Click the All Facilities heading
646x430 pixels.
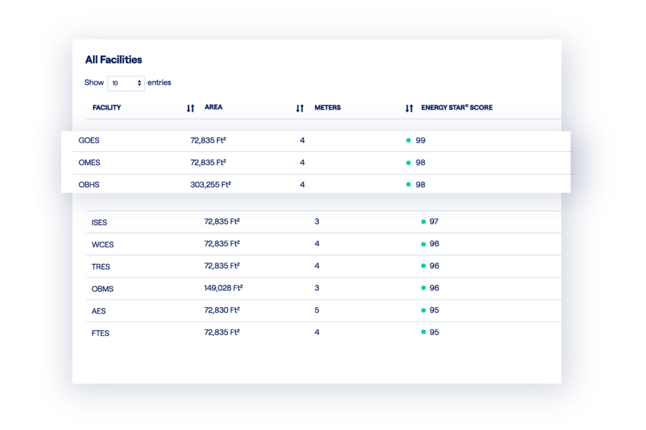113,60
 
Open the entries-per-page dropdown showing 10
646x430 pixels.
126,83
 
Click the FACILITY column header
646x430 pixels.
106,107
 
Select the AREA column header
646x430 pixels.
213,107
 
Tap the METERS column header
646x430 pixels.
327,107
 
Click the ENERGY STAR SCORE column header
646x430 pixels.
457,107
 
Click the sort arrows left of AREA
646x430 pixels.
190,108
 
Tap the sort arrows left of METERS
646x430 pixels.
300,108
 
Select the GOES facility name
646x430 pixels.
89,140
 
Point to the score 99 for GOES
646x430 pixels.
421,140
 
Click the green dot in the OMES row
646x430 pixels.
408,163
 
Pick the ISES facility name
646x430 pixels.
100,222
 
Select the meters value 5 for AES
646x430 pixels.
317,310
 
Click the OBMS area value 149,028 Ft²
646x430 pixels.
223,288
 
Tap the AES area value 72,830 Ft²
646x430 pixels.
222,310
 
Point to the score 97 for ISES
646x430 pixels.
434,222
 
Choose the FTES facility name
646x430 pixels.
100,333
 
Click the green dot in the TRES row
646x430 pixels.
423,266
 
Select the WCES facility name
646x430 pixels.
102,245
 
